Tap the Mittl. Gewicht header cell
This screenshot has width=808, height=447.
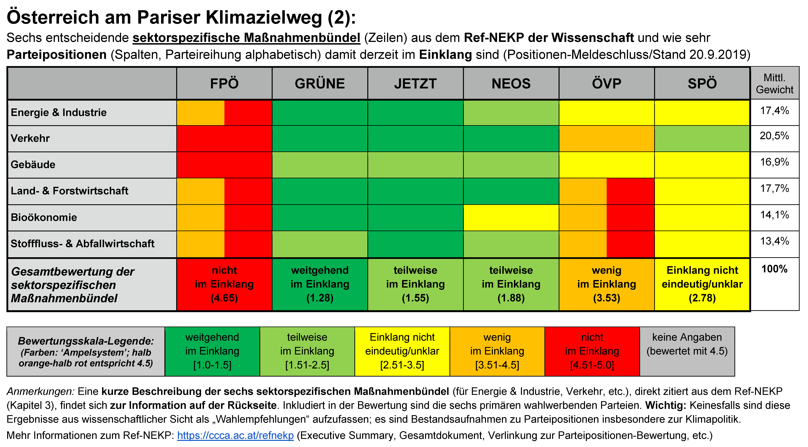[774, 83]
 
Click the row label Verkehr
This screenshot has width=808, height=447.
[30, 138]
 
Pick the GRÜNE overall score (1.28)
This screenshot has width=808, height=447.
[320, 298]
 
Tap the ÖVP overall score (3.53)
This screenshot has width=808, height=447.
[606, 298]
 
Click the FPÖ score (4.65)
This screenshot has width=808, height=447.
[224, 298]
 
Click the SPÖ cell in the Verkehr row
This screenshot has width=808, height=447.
[702, 139]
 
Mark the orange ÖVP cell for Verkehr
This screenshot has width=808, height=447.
[606, 139]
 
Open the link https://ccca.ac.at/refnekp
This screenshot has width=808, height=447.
[235, 435]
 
